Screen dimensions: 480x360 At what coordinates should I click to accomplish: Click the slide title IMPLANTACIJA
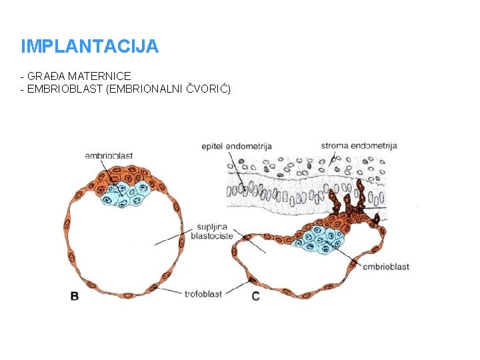89,47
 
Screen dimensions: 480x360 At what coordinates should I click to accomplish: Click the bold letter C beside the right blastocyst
256,296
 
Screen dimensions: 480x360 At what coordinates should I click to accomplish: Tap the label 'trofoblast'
205,292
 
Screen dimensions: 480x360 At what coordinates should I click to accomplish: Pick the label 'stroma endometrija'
359,146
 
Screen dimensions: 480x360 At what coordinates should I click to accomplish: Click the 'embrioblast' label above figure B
109,156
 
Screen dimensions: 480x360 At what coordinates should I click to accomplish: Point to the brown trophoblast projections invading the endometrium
347,200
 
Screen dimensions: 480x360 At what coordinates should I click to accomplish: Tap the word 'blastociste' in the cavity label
212,236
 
